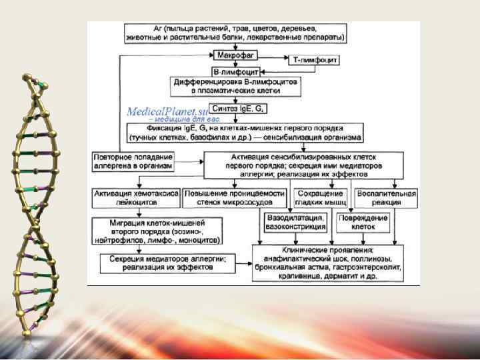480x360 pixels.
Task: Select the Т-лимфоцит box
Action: (x=313, y=60)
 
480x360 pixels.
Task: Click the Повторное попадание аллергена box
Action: (x=133, y=161)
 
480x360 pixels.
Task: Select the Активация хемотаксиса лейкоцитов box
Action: (x=137, y=197)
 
